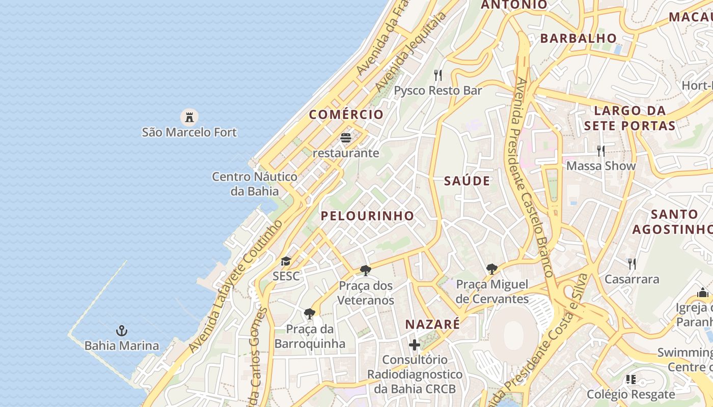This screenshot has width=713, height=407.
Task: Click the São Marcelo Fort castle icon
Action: tap(189, 117)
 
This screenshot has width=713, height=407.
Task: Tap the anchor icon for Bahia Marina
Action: tap(121, 331)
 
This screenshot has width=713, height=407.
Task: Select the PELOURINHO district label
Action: tap(367, 216)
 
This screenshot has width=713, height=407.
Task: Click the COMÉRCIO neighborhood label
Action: tap(346, 114)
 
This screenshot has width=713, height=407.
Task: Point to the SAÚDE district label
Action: tap(467, 181)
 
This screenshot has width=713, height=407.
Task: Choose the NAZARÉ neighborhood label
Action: tap(432, 324)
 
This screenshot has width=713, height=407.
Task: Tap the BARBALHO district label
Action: tap(578, 38)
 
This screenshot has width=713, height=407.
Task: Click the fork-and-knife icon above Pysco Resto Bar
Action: tap(438, 75)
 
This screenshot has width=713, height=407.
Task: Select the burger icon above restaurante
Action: tap(346, 138)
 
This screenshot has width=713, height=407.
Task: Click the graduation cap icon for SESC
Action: tap(286, 261)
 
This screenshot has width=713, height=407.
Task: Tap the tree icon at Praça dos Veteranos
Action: tap(365, 270)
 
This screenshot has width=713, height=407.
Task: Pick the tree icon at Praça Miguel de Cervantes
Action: tap(491, 269)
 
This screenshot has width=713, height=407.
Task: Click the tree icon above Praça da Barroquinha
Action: tap(309, 313)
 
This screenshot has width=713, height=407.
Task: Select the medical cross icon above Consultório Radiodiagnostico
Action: tap(415, 345)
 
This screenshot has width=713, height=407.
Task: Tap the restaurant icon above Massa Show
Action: tap(601, 151)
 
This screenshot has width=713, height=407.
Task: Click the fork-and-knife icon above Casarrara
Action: tap(632, 264)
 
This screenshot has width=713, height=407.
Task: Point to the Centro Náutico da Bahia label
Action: tap(255, 184)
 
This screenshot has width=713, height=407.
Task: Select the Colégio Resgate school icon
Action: tap(630, 380)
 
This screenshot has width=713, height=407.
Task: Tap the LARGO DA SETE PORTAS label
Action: tap(629, 118)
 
